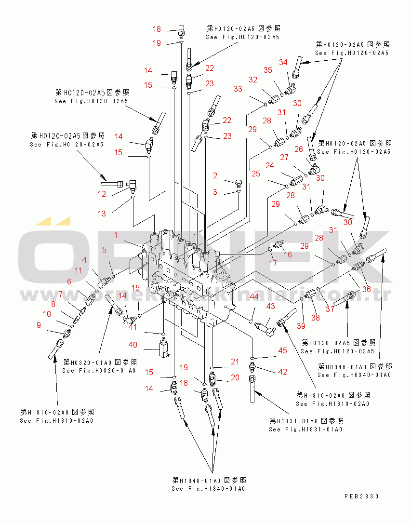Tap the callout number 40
point(133,345)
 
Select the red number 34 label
point(283,62)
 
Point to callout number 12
point(102,194)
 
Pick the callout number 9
point(39,325)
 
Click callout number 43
point(271,306)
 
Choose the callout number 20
point(235,377)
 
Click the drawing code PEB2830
point(361,496)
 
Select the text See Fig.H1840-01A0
point(208,489)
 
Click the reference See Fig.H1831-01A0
point(305,429)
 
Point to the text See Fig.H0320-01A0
point(99,370)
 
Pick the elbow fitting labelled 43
point(265,328)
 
